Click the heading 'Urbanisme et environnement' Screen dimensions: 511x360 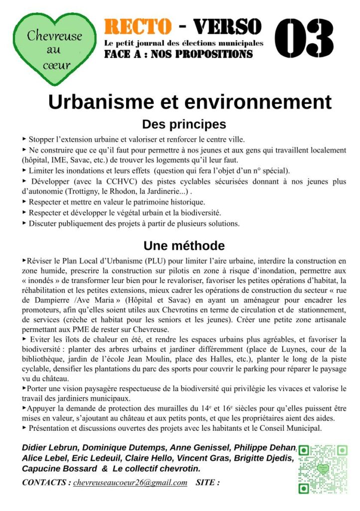pos(189,101)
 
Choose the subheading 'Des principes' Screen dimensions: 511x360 pos(184,124)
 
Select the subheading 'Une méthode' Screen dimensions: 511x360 pos(184,246)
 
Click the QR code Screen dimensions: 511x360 pos(323,469)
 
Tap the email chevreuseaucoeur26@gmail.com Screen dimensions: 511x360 pos(130,483)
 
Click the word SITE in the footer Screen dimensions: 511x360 pos(207,483)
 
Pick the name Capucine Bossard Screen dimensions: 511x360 pos(59,469)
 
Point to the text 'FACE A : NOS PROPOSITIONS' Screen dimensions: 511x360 pos(178,54)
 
